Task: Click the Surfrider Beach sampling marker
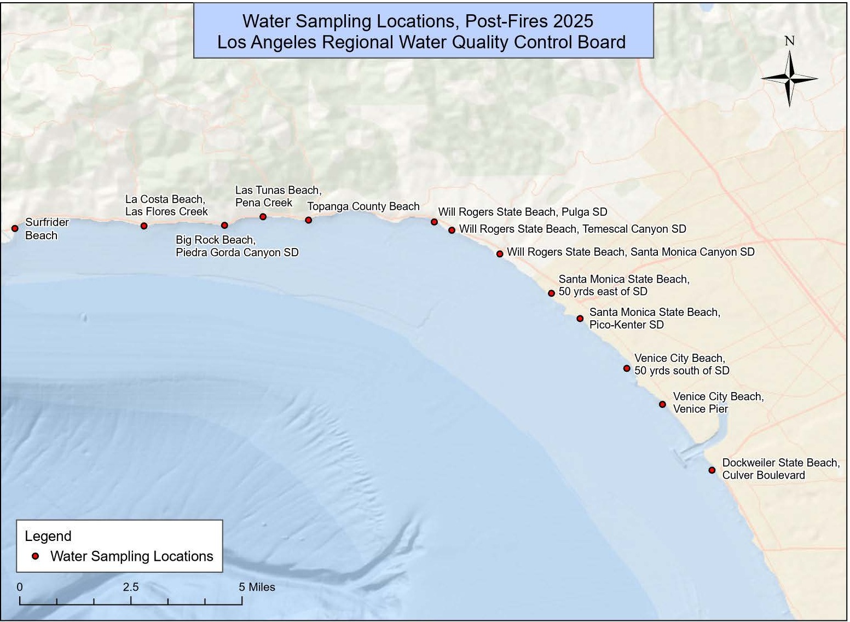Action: [x=15, y=229]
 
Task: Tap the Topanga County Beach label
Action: [x=363, y=206]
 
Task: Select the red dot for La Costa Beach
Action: [x=144, y=226]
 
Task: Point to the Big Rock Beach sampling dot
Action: [x=224, y=225]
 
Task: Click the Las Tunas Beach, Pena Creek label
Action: [x=278, y=196]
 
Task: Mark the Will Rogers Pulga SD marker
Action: [x=434, y=222]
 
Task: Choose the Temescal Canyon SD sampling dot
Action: [x=452, y=230]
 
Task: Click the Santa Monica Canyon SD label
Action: [x=631, y=252]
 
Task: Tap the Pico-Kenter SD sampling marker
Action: [x=580, y=318]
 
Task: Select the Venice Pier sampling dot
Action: [x=662, y=404]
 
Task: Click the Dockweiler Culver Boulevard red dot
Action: [x=712, y=470]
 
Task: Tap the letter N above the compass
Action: [x=789, y=41]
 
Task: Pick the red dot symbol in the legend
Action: [x=36, y=556]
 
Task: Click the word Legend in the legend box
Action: [x=48, y=536]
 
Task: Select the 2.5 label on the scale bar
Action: [x=131, y=587]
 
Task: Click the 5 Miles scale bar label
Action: [x=257, y=587]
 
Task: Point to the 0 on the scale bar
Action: [x=20, y=587]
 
